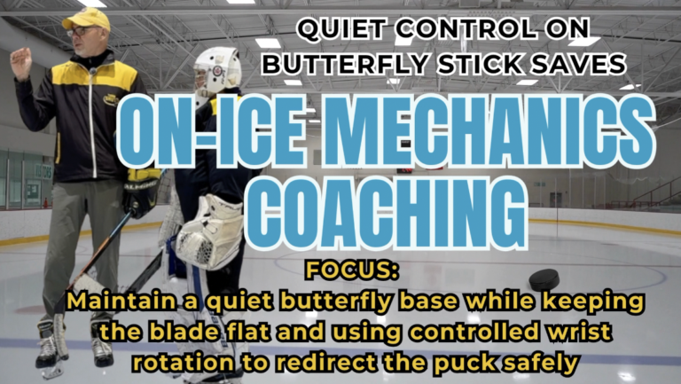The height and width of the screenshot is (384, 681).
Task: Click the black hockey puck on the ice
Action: (x=544, y=280)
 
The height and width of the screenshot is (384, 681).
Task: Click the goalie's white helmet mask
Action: (x=216, y=73)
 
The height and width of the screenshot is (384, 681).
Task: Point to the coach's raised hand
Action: (x=21, y=64)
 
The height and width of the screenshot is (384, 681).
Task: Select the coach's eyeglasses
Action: (x=81, y=31)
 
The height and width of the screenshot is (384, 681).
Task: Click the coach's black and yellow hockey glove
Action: (x=141, y=192)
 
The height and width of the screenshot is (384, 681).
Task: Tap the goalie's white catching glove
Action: (x=210, y=231)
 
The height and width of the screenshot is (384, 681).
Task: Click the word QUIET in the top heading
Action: (x=341, y=29)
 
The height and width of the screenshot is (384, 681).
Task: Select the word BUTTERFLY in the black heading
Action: (x=346, y=64)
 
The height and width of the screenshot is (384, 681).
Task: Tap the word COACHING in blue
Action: (x=387, y=213)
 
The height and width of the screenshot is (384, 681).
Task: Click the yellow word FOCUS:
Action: (x=352, y=270)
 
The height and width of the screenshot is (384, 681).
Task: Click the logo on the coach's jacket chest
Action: (x=111, y=99)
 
